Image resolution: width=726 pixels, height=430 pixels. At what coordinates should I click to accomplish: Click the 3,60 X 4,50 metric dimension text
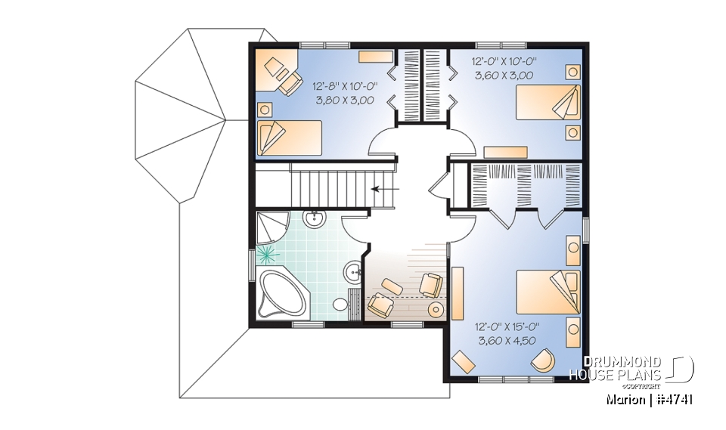pyautogui.click(x=507, y=340)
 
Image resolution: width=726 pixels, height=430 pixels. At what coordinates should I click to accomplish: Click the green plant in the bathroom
pyautogui.click(x=266, y=253)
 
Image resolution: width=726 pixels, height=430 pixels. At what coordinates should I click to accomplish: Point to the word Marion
pyautogui.click(x=625, y=399)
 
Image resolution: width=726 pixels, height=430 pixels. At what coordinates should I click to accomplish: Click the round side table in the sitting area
pyautogui.click(x=436, y=310)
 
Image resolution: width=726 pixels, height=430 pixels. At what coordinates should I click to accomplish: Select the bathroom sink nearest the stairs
pyautogui.click(x=314, y=219)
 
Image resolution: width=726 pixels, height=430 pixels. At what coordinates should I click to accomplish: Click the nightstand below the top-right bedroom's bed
pyautogui.click(x=572, y=132)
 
